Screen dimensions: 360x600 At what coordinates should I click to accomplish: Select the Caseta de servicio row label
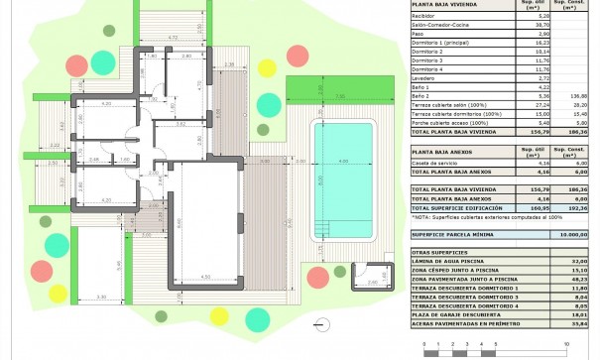point(435,162)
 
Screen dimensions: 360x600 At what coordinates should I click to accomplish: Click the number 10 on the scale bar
point(565,346)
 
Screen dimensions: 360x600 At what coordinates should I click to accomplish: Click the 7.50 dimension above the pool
point(339,97)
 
